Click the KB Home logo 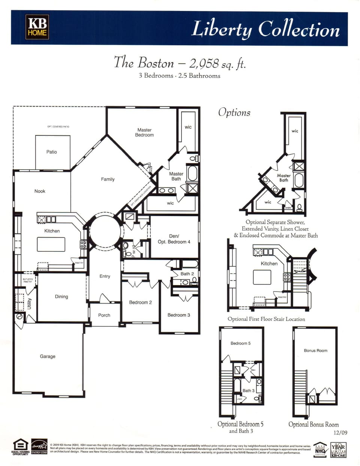[x=37, y=27]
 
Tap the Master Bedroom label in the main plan [x=144, y=132]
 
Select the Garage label [x=48, y=356]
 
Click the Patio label [x=52, y=152]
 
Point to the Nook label [x=40, y=191]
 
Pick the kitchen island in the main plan [x=51, y=245]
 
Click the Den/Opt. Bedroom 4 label [x=174, y=239]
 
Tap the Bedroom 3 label [x=178, y=315]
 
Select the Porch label [x=104, y=315]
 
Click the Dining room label [x=61, y=297]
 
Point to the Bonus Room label [x=315, y=350]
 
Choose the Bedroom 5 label [x=240, y=343]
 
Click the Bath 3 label [x=248, y=391]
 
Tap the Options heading [x=234, y=113]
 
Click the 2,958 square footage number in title [x=204, y=63]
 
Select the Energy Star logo [x=39, y=446]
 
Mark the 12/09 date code [x=340, y=433]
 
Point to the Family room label [x=108, y=179]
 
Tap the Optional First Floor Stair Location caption [x=266, y=319]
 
